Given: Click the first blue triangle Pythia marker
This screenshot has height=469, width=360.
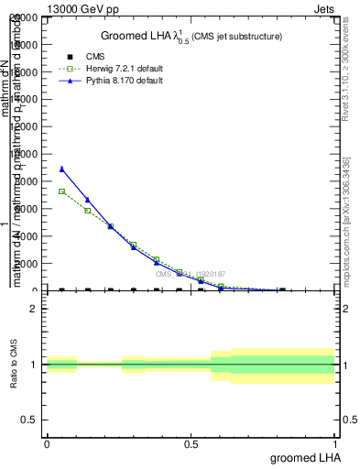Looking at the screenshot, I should tap(61, 169).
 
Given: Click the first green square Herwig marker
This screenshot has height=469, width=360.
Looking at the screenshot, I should tap(61, 191).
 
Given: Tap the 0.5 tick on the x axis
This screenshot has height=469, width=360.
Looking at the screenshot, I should tap(191, 443).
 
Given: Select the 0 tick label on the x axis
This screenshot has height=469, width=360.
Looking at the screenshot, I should tap(47, 443).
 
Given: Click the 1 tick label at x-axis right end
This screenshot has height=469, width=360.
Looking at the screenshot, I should tap(335, 443).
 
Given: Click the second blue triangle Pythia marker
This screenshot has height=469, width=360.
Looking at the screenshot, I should tap(88, 200).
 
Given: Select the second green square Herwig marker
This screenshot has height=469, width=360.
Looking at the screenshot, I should tap(88, 211).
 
